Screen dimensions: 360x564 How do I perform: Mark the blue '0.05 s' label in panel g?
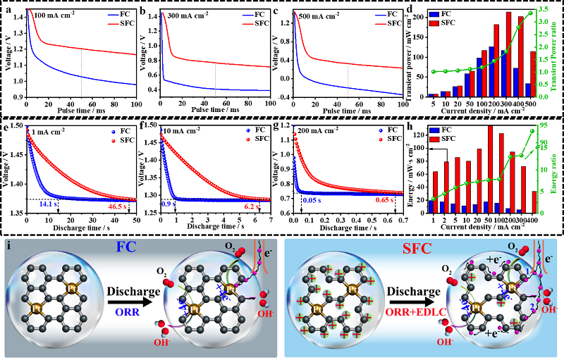coord(313,201)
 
